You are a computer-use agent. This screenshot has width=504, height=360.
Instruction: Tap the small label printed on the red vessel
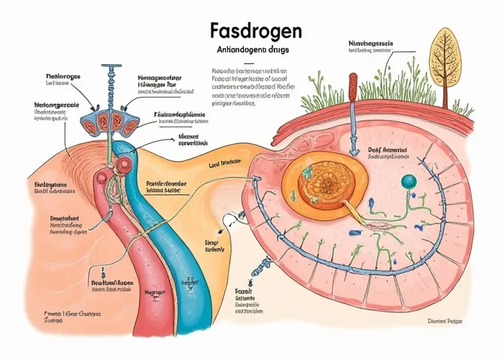click(113, 282)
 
